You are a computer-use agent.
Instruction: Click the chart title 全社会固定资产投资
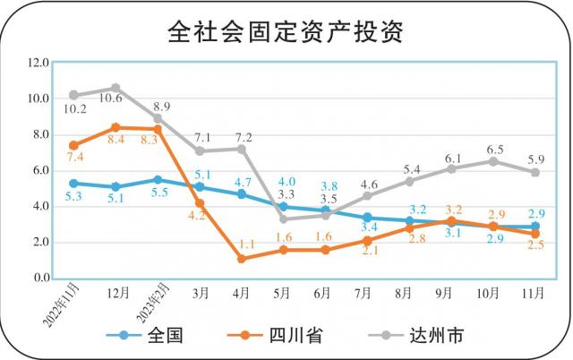click(x=286, y=32)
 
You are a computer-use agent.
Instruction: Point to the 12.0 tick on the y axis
click(x=38, y=64)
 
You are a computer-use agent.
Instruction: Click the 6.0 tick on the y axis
click(x=38, y=171)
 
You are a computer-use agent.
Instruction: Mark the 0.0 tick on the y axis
click(x=38, y=279)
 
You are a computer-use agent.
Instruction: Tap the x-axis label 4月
click(x=241, y=293)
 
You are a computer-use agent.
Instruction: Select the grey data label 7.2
click(x=243, y=137)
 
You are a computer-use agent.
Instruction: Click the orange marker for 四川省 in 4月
click(x=242, y=259)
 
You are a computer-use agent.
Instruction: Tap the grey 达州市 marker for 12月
click(x=115, y=88)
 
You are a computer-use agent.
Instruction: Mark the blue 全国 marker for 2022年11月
click(x=73, y=184)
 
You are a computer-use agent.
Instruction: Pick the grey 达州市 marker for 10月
click(x=493, y=161)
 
